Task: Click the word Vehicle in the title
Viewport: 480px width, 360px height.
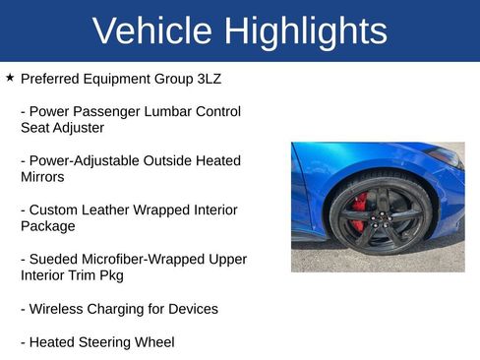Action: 153,30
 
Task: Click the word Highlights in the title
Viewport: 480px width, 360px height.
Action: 306,30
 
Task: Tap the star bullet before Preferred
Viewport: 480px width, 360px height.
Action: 10,77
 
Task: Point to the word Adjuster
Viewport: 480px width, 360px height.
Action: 77,127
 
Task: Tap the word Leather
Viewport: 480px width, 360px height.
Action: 116,210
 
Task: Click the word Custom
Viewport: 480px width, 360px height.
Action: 56,210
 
